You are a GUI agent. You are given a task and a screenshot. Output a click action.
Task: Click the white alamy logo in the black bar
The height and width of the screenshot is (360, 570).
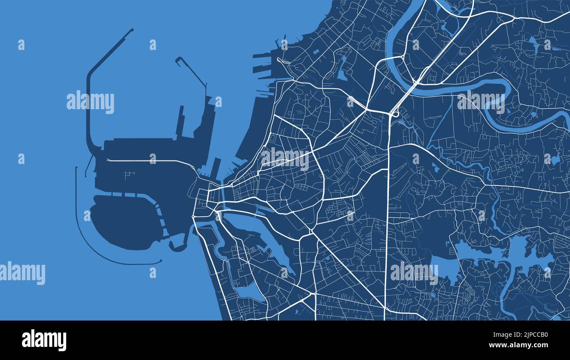click(x=44, y=340)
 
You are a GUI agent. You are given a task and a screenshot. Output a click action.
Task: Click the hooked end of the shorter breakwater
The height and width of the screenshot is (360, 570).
click(x=178, y=59)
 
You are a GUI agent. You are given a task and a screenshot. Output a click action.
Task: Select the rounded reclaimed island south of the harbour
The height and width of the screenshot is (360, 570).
click(x=123, y=221)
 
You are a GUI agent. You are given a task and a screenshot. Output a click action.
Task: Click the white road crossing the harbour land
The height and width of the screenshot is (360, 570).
click(x=153, y=160)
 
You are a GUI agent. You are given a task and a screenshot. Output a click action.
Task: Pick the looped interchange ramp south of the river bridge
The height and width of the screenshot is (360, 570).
click(x=395, y=114)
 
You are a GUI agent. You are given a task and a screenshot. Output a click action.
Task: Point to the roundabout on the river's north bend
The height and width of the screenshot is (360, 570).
click(x=402, y=57)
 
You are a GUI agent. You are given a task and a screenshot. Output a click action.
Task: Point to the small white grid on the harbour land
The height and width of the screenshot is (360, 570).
click(x=128, y=175)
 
